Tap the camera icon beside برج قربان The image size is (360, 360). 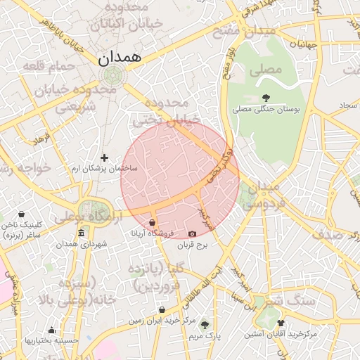click(193, 233)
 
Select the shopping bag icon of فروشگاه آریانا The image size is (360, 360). click(153, 223)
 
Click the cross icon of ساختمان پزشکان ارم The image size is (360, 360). click(105, 158)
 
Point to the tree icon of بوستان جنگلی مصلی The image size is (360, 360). click(266, 98)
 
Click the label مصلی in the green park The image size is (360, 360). click(271, 70)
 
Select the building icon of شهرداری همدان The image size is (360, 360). click(82, 233)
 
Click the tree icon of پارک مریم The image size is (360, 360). click(205, 325)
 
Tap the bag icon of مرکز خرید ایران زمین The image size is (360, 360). click(162, 309)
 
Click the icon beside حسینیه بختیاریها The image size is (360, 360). click(51, 330)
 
